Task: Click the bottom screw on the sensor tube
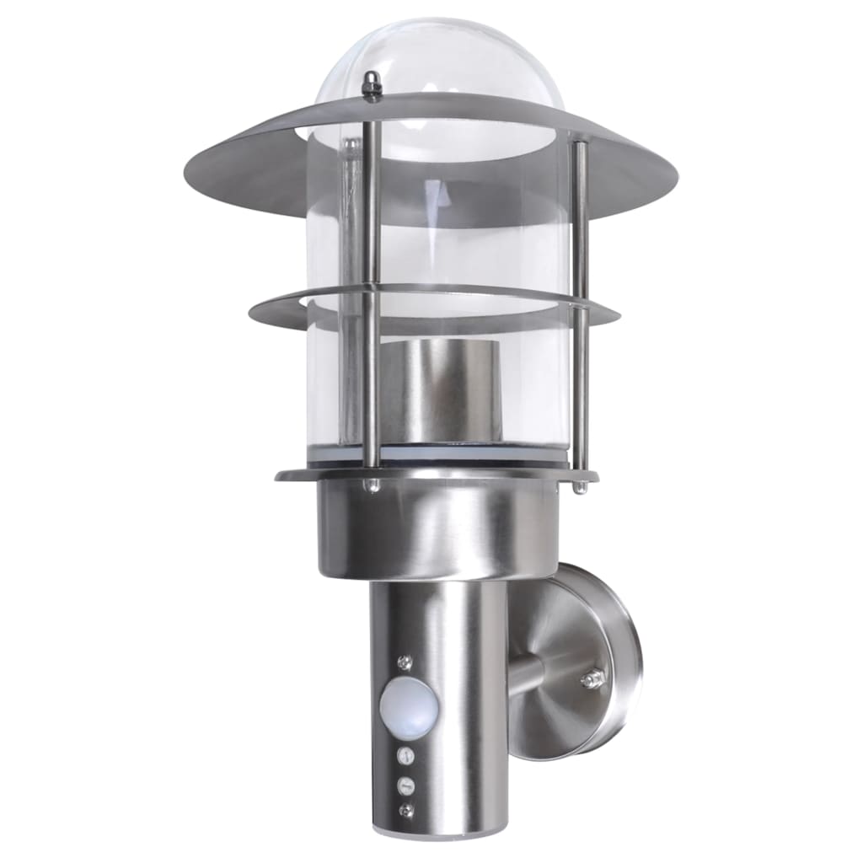(x=407, y=810)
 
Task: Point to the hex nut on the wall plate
(x=594, y=678)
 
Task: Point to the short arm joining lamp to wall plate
(x=527, y=672)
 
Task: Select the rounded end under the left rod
(x=371, y=486)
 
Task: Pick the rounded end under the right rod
(x=581, y=487)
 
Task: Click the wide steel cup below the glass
(x=437, y=527)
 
